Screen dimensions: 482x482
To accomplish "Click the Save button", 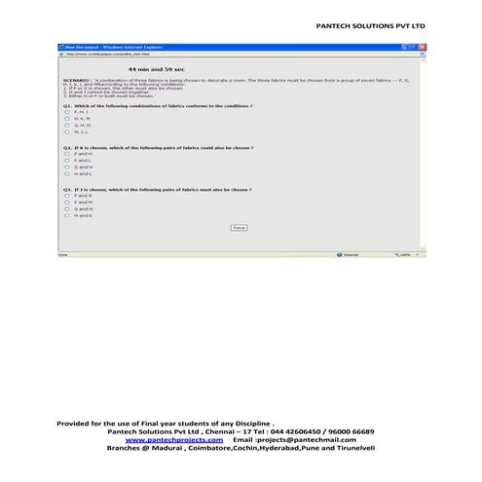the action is tap(239, 227).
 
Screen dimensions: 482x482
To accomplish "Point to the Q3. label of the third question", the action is tap(67, 189).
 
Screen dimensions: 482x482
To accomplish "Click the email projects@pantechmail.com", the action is tap(291, 440).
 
